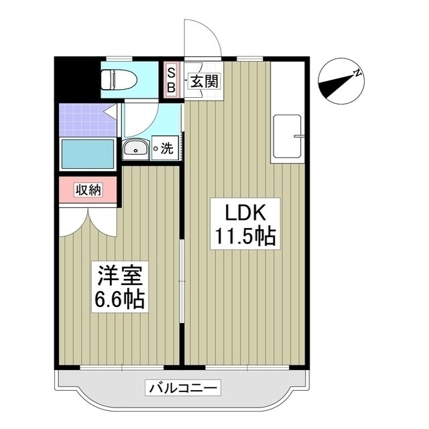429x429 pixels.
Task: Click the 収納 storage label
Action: pyautogui.click(x=87, y=190)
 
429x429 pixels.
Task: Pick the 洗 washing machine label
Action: pyautogui.click(x=166, y=149)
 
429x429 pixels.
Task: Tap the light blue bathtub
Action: pyautogui.click(x=87, y=154)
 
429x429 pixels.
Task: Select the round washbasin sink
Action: pyautogui.click(x=136, y=149)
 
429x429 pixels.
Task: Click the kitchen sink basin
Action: pyautogui.click(x=288, y=137)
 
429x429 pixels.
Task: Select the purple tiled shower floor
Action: pyautogui.click(x=84, y=119)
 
